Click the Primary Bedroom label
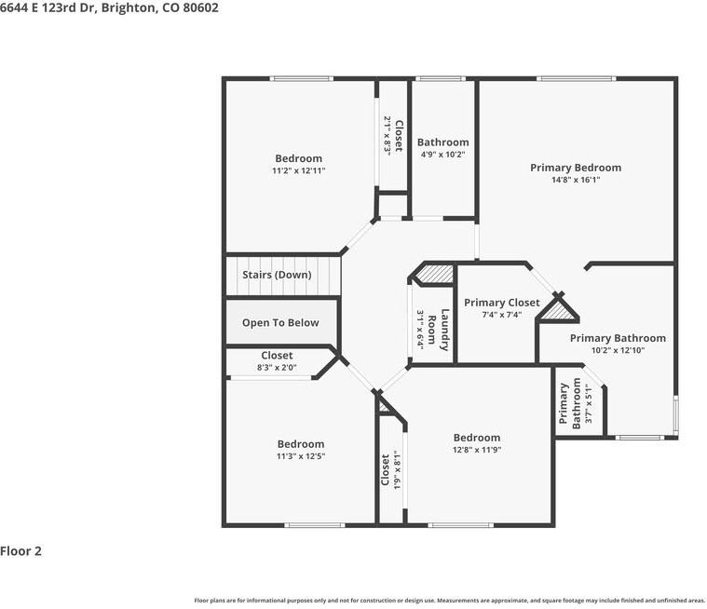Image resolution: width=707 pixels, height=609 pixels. pyautogui.click(x=576, y=168)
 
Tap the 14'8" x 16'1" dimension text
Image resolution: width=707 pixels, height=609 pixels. pyautogui.click(x=576, y=180)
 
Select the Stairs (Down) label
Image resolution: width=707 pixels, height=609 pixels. pyautogui.click(x=277, y=275)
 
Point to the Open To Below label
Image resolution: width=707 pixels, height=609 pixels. pyautogui.click(x=280, y=323)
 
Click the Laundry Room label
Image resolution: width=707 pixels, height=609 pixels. pyautogui.click(x=439, y=330)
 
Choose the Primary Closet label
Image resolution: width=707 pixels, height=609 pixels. pyautogui.click(x=502, y=303)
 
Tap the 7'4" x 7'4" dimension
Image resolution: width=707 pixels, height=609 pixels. pyautogui.click(x=502, y=315)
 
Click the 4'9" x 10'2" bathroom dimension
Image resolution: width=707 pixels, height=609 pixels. pyautogui.click(x=442, y=155)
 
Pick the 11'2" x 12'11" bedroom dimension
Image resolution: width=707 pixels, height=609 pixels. pyautogui.click(x=298, y=170)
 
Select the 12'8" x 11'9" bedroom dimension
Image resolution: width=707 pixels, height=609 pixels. pyautogui.click(x=477, y=450)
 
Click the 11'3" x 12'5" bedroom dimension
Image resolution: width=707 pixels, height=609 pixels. pyautogui.click(x=301, y=455)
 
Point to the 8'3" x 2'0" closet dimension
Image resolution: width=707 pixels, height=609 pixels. pyautogui.click(x=277, y=368)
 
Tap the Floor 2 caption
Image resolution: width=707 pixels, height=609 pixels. pyautogui.click(x=20, y=551)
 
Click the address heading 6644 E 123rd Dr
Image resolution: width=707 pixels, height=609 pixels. pyautogui.click(x=47, y=7)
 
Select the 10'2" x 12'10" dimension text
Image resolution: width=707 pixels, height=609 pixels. pyautogui.click(x=618, y=350)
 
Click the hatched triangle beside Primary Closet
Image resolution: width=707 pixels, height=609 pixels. pyautogui.click(x=560, y=312)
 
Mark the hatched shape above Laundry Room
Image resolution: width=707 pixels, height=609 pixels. pyautogui.click(x=434, y=274)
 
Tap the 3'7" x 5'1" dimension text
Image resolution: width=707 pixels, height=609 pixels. pyautogui.click(x=589, y=403)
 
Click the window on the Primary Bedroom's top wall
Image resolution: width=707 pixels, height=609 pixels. pyautogui.click(x=577, y=79)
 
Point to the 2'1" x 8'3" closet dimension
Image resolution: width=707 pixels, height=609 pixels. pyautogui.click(x=387, y=136)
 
